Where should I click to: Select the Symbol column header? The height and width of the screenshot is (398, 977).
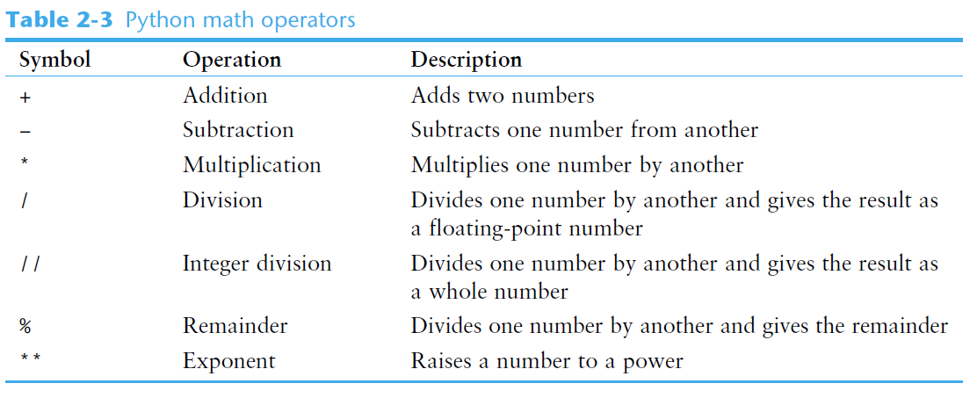(54, 61)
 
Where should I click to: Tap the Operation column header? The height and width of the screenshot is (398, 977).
(232, 61)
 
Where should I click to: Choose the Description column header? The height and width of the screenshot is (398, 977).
(467, 61)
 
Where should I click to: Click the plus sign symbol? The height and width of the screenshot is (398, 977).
(25, 97)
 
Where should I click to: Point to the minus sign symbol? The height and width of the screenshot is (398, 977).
(25, 132)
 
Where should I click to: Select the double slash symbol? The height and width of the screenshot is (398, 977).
(29, 264)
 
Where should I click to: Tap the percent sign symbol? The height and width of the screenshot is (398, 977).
(25, 327)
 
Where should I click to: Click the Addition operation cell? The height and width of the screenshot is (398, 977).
(225, 96)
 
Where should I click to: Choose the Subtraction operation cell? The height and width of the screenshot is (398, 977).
(238, 131)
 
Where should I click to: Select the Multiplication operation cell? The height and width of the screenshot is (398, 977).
(252, 166)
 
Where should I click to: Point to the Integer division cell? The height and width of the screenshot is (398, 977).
(257, 264)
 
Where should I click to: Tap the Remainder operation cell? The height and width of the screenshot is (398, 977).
(235, 327)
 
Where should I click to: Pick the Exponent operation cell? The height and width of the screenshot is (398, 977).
(229, 361)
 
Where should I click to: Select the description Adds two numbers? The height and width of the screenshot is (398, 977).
(503, 96)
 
